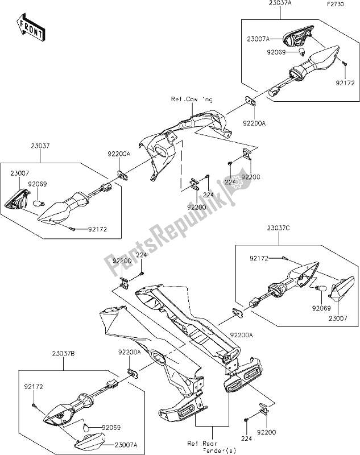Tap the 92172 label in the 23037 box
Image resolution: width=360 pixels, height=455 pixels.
pyautogui.click(x=96, y=230)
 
